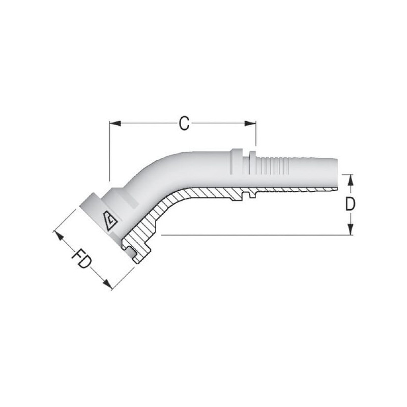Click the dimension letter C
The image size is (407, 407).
(184, 123)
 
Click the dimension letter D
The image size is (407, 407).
(350, 204)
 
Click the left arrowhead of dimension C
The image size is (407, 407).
(115, 124)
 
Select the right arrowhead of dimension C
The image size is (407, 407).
(250, 124)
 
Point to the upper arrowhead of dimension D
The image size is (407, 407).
(351, 180)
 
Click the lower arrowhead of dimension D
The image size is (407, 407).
(351, 229)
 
